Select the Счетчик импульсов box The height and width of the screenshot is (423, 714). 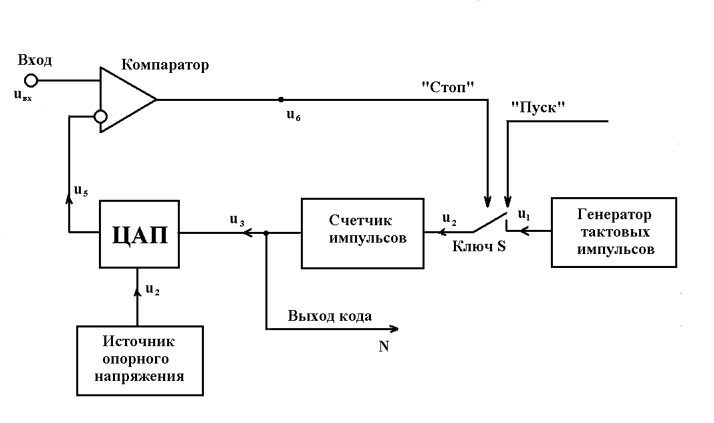pos(362,233)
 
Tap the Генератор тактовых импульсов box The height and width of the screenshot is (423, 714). pos(613,233)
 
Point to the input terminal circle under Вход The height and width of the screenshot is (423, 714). pos(31,80)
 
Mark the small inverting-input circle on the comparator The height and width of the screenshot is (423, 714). pos(100,116)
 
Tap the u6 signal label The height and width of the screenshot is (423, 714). pos(293,114)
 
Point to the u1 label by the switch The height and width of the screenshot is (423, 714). pos(524,215)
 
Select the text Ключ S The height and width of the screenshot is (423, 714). pos(479,247)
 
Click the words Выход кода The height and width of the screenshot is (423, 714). pos(330,316)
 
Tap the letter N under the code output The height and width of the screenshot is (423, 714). pos(384,347)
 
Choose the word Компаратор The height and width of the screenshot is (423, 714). pos(165,65)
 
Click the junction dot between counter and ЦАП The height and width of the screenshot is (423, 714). pos(266,233)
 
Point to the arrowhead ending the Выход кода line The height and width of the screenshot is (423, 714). pos(394,329)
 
